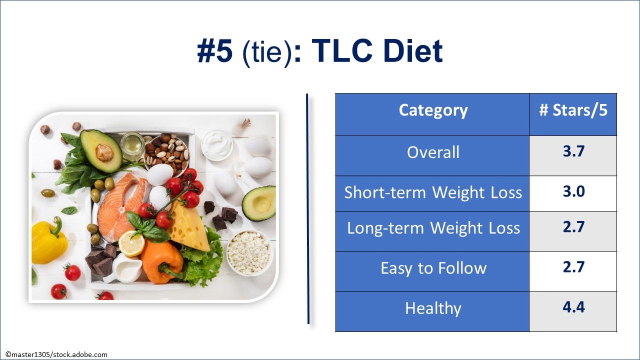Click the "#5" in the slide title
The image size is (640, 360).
tap(215, 51)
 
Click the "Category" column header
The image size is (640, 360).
tap(433, 110)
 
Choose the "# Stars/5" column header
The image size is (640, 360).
tap(573, 110)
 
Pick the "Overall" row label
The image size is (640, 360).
tap(433, 152)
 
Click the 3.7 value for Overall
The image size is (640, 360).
tap(573, 151)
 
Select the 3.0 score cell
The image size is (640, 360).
tap(573, 191)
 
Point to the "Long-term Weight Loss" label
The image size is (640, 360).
tap(433, 228)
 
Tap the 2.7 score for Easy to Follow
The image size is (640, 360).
tap(573, 266)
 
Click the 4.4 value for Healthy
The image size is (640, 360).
tap(573, 306)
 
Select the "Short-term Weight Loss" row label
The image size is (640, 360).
tap(433, 192)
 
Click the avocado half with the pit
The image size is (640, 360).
tap(101, 150)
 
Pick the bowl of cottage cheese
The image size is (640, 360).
tap(249, 252)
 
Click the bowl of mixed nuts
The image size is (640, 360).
tap(167, 153)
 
